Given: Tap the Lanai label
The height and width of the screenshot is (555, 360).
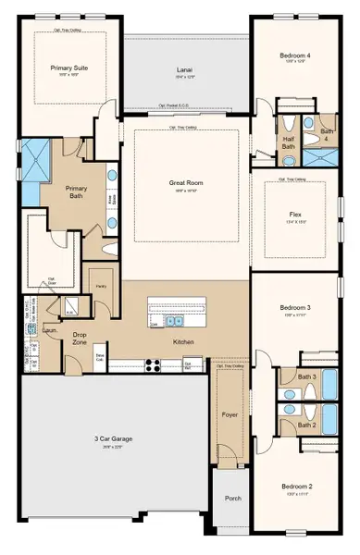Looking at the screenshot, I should click(x=184, y=69).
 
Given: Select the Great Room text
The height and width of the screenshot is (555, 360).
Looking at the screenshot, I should click(x=185, y=183).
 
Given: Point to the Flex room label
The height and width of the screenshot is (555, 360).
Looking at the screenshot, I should click(x=295, y=214).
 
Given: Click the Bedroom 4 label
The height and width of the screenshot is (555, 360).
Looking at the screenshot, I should click(x=296, y=55).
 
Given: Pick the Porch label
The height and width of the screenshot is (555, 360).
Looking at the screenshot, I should click(x=232, y=498).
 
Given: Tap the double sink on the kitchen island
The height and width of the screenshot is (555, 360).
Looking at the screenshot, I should click(x=173, y=321).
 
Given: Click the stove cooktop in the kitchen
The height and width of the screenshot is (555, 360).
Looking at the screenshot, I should click(x=153, y=364).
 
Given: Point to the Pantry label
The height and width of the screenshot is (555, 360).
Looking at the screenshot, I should click(x=100, y=287).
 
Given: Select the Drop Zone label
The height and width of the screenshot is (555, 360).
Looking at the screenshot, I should click(x=81, y=339).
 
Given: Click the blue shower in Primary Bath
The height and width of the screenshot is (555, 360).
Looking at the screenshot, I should click(x=37, y=158).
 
